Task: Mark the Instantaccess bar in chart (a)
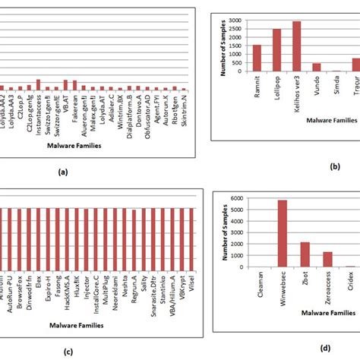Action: (x=38, y=85)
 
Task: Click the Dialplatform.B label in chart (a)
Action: (x=130, y=109)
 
